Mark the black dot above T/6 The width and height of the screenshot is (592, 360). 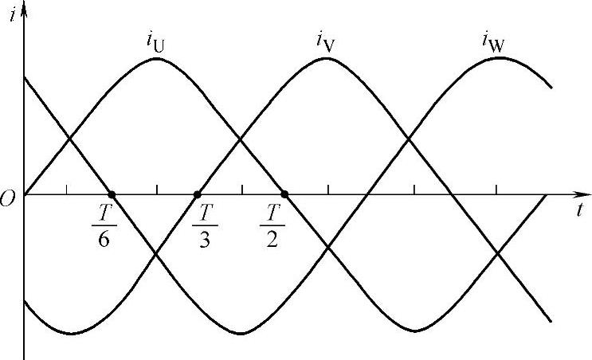point(112,194)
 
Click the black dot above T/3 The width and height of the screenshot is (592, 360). point(198,194)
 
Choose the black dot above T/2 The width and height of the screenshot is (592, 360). point(284,194)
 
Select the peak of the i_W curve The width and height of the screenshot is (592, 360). point(499,57)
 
